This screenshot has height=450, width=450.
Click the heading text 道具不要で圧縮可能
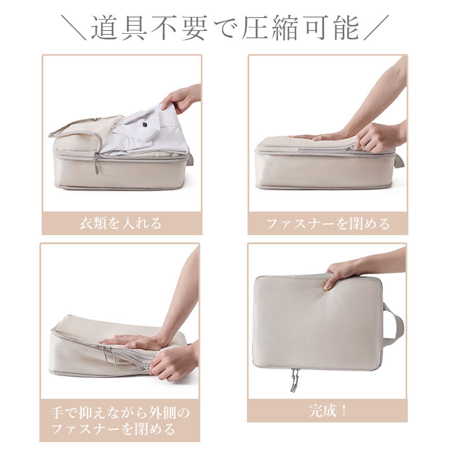pos(225,28)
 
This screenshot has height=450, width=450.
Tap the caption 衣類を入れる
pos(120,223)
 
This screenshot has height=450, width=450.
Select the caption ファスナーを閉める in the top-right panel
pos(328,223)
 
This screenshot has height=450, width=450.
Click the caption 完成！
pos(328,411)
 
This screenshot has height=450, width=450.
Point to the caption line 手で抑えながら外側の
pos(120,413)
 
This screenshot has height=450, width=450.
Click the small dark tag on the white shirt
pos(145,125)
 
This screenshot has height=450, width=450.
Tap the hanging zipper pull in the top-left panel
pos(96,164)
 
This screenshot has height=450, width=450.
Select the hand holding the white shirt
pos(180,97)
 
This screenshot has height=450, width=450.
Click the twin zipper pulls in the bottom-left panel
pos(109,355)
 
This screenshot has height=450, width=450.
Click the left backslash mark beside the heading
pos(74,28)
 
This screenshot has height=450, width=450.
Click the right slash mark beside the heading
pos(376,28)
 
